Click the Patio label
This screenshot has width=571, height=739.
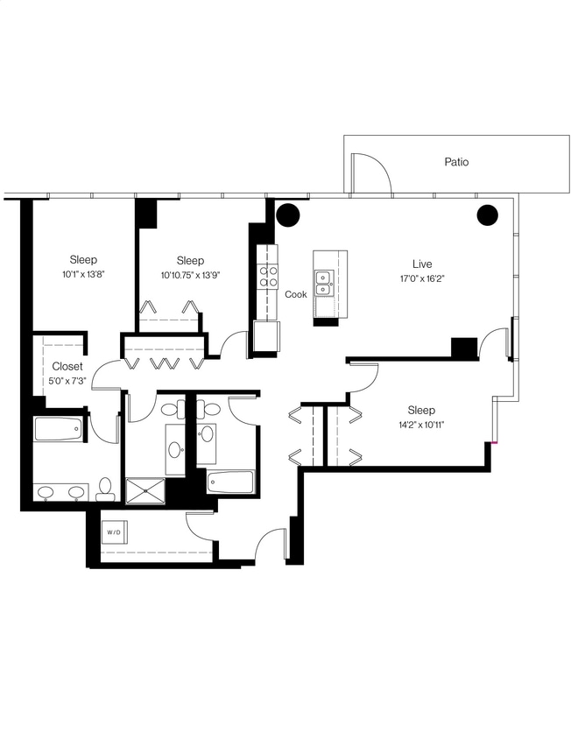point(455,162)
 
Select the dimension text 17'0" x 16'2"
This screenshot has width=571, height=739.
point(423,279)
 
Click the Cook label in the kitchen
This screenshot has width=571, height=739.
point(296,294)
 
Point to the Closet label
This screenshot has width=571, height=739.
point(67,366)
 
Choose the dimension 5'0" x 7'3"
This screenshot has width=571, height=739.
point(67,381)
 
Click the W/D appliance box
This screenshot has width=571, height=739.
point(115,531)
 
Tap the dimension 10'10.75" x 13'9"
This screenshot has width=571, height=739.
point(190,275)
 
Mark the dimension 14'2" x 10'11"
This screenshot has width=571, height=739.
point(420,426)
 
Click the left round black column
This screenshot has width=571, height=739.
point(288,215)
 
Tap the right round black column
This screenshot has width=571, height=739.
point(488,215)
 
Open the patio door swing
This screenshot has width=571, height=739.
point(369,173)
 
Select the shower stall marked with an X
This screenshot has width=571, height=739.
point(145,490)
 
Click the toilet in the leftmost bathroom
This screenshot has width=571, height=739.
point(105,489)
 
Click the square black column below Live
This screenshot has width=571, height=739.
point(464,347)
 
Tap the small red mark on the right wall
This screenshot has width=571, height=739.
point(495,443)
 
